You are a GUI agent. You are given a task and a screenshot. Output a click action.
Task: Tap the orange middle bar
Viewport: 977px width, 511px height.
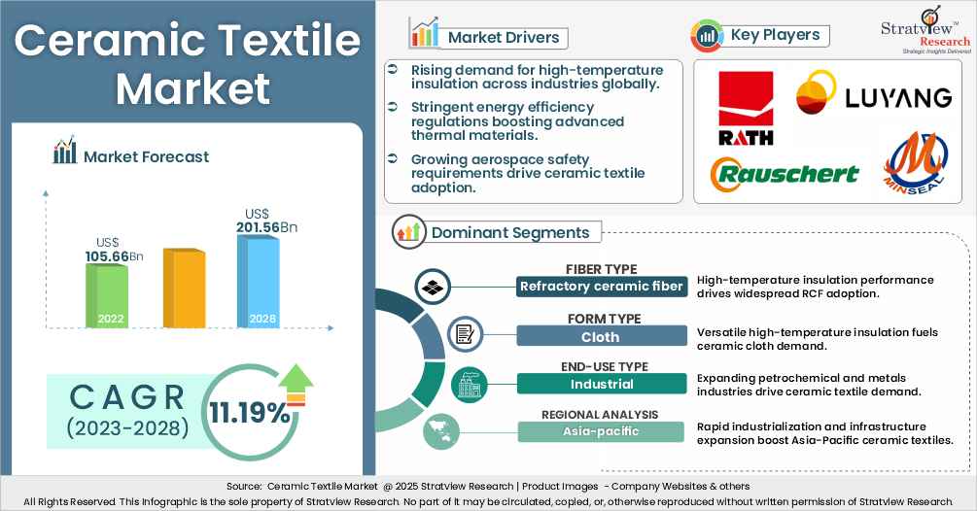[x=184, y=288]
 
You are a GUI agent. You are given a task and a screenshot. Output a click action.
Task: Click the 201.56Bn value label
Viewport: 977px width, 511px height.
[x=266, y=227]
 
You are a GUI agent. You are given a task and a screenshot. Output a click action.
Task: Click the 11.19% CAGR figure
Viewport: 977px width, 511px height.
[x=250, y=413]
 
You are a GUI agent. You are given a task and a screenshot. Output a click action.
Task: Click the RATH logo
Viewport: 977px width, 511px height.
[x=746, y=108]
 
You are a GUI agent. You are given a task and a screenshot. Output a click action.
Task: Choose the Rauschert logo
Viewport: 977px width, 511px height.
[x=785, y=173]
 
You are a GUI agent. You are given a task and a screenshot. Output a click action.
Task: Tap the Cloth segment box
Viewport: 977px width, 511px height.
[x=600, y=335]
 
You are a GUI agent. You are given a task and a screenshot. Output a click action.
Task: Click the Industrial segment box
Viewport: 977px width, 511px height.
[x=600, y=384]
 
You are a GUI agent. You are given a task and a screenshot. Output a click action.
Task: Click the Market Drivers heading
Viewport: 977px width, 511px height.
[x=503, y=38]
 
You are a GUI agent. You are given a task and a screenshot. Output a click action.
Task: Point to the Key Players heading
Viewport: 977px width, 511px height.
[x=775, y=35]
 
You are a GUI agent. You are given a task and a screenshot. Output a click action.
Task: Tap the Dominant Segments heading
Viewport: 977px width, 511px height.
[x=510, y=232]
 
